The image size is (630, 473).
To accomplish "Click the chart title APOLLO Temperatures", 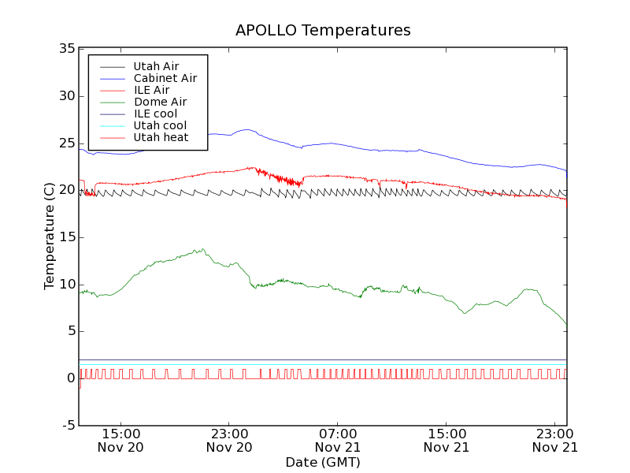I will [x=323, y=31].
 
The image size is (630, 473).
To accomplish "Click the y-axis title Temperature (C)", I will [x=49, y=236].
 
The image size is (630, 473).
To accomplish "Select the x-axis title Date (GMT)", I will [x=323, y=462].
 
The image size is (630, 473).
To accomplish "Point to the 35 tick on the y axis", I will [x=66, y=49].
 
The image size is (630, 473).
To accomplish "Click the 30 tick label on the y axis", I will [x=66, y=96].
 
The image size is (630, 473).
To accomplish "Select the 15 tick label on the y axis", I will [x=66, y=237].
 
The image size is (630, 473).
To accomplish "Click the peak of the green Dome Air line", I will [x=203, y=249].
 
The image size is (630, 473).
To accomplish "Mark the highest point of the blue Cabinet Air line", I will [x=247, y=129].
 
